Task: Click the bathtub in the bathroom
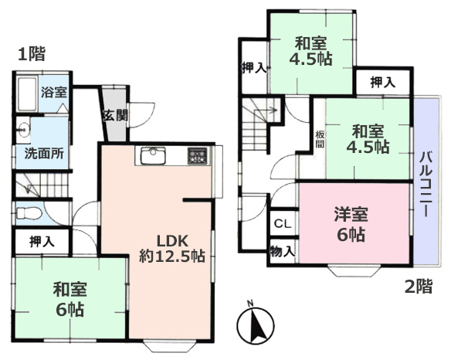coord(27,94)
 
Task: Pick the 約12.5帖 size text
coord(172,256)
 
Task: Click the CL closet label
coord(282,225)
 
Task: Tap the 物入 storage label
coord(282,251)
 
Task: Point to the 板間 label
coord(318,139)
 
